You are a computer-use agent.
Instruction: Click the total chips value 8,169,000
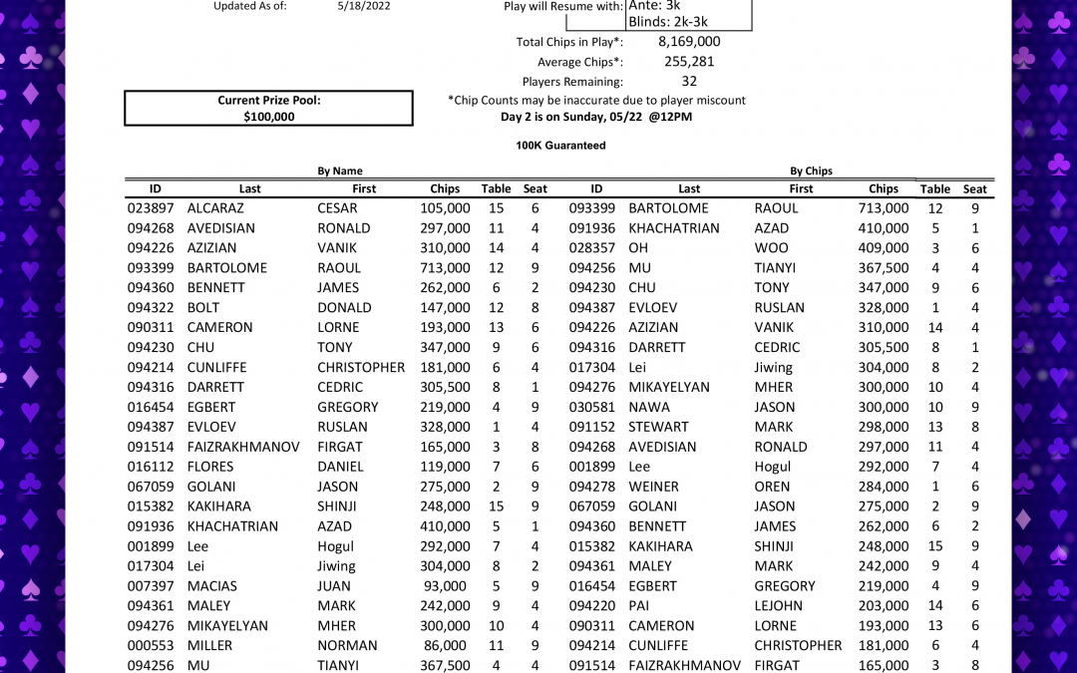689,42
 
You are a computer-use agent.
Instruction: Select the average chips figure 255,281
689,62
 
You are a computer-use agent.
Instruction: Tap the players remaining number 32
689,82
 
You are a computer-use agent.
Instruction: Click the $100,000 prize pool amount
269,117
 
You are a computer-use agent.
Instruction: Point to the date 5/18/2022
364,6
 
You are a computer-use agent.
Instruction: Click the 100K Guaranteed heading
560,146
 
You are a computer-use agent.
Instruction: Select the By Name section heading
340,171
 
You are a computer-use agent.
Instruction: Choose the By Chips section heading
811,171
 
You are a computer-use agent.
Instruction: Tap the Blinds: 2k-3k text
668,22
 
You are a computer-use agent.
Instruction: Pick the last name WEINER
653,487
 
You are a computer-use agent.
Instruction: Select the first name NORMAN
347,646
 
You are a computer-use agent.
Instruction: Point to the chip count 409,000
884,248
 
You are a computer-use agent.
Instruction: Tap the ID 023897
151,208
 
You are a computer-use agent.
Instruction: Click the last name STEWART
659,427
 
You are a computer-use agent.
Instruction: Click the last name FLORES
210,467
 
